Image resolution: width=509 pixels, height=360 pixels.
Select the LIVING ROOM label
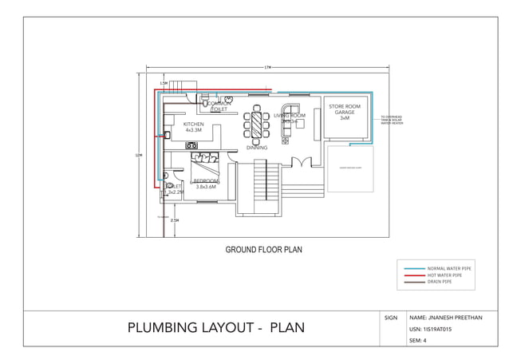290,116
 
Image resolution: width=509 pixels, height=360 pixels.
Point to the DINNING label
256,148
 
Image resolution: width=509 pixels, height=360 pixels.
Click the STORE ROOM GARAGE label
345,112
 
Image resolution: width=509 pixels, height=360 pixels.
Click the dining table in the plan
257,126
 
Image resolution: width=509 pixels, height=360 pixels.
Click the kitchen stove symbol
191,145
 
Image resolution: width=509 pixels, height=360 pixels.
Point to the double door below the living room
301,163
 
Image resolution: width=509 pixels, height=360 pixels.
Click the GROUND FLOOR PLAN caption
263,250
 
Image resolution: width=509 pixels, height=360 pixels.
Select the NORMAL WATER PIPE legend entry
450,269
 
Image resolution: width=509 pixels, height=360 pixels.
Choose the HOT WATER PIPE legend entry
445,275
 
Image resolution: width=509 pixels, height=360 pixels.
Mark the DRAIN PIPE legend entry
440,282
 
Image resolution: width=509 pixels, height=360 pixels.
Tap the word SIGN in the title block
391,318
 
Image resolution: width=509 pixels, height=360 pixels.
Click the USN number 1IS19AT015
432,329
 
